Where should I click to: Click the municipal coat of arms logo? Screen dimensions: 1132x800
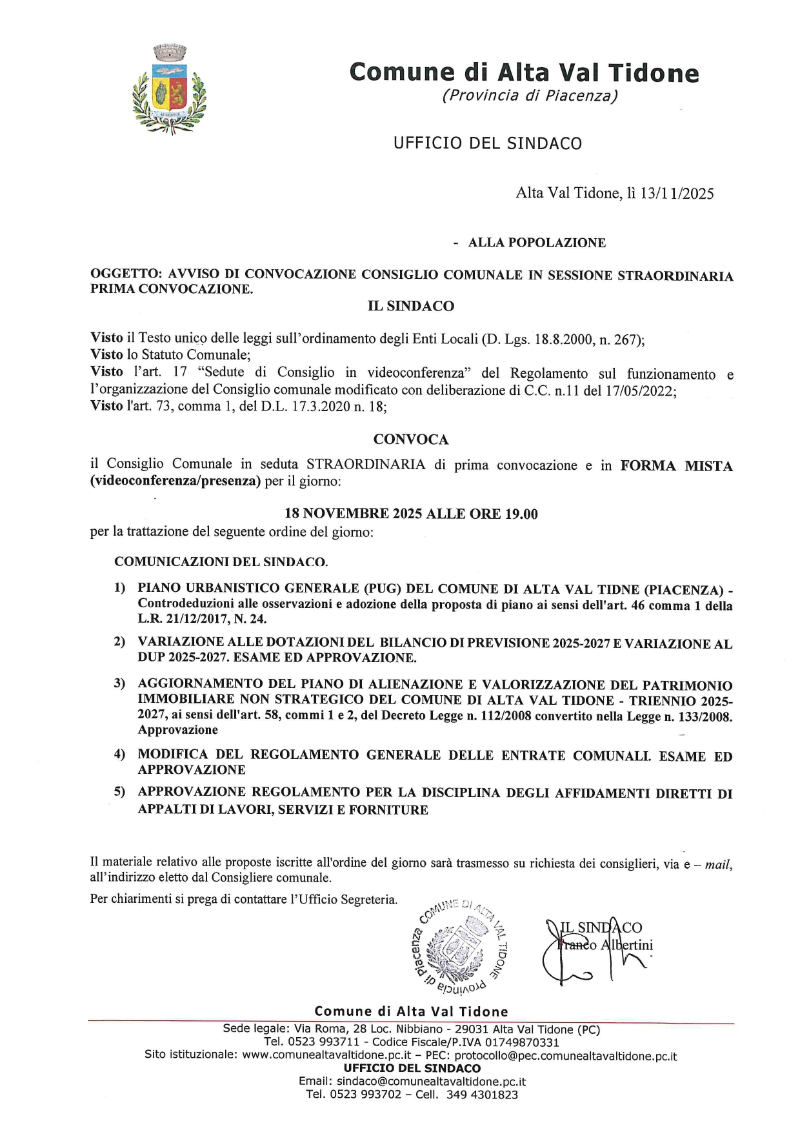tap(169, 88)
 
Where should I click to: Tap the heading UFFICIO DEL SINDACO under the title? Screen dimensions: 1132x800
tap(488, 143)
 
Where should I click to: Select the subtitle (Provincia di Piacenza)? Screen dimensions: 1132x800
tap(530, 96)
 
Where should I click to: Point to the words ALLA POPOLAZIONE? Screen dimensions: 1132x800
tap(537, 243)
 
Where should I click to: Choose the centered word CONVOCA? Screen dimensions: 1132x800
tap(411, 440)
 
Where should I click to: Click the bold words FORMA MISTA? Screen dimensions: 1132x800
tap(676, 465)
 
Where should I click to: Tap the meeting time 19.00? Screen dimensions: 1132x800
tap(522, 514)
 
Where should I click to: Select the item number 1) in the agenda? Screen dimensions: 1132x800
tap(119, 589)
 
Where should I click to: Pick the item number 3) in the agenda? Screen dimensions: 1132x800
tap(119, 683)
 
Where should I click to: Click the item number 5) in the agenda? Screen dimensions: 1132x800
tap(119, 792)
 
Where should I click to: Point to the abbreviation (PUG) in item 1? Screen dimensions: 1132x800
tap(386, 589)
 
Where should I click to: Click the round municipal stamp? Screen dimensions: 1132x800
tap(459, 946)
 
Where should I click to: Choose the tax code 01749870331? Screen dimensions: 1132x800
tap(522, 1042)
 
